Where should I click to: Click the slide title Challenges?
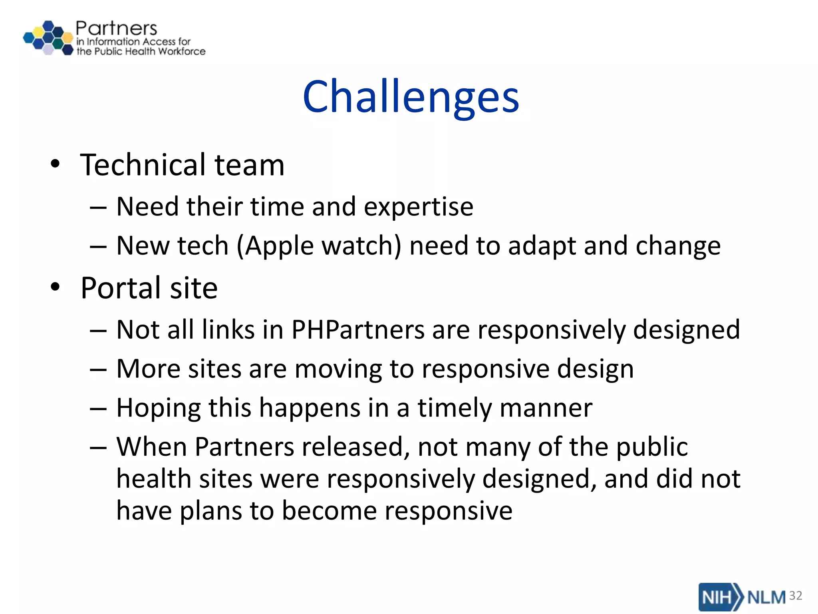(x=411, y=97)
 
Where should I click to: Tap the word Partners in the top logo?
(x=116, y=29)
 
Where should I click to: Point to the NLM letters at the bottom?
(x=766, y=597)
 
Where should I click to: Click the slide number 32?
(x=796, y=596)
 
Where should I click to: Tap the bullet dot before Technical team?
(x=55, y=164)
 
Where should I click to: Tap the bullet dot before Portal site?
(x=55, y=287)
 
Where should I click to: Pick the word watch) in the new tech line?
(x=361, y=245)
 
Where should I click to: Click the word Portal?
(x=121, y=288)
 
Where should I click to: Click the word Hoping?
(x=158, y=408)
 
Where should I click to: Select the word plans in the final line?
(x=211, y=511)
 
